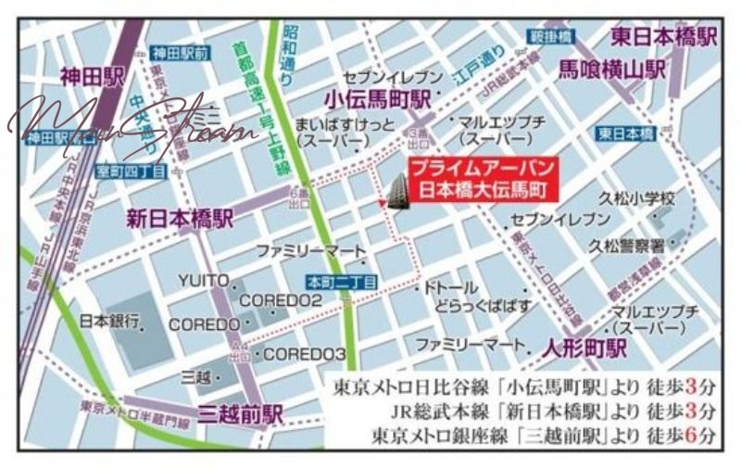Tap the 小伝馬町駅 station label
(378, 98)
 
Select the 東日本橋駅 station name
(664, 37)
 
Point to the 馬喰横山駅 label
(612, 69)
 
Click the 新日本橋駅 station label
(180, 219)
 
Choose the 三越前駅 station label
(241, 414)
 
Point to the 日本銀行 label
(109, 322)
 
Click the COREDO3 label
(305, 354)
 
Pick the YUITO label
(203, 280)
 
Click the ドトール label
(451, 288)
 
